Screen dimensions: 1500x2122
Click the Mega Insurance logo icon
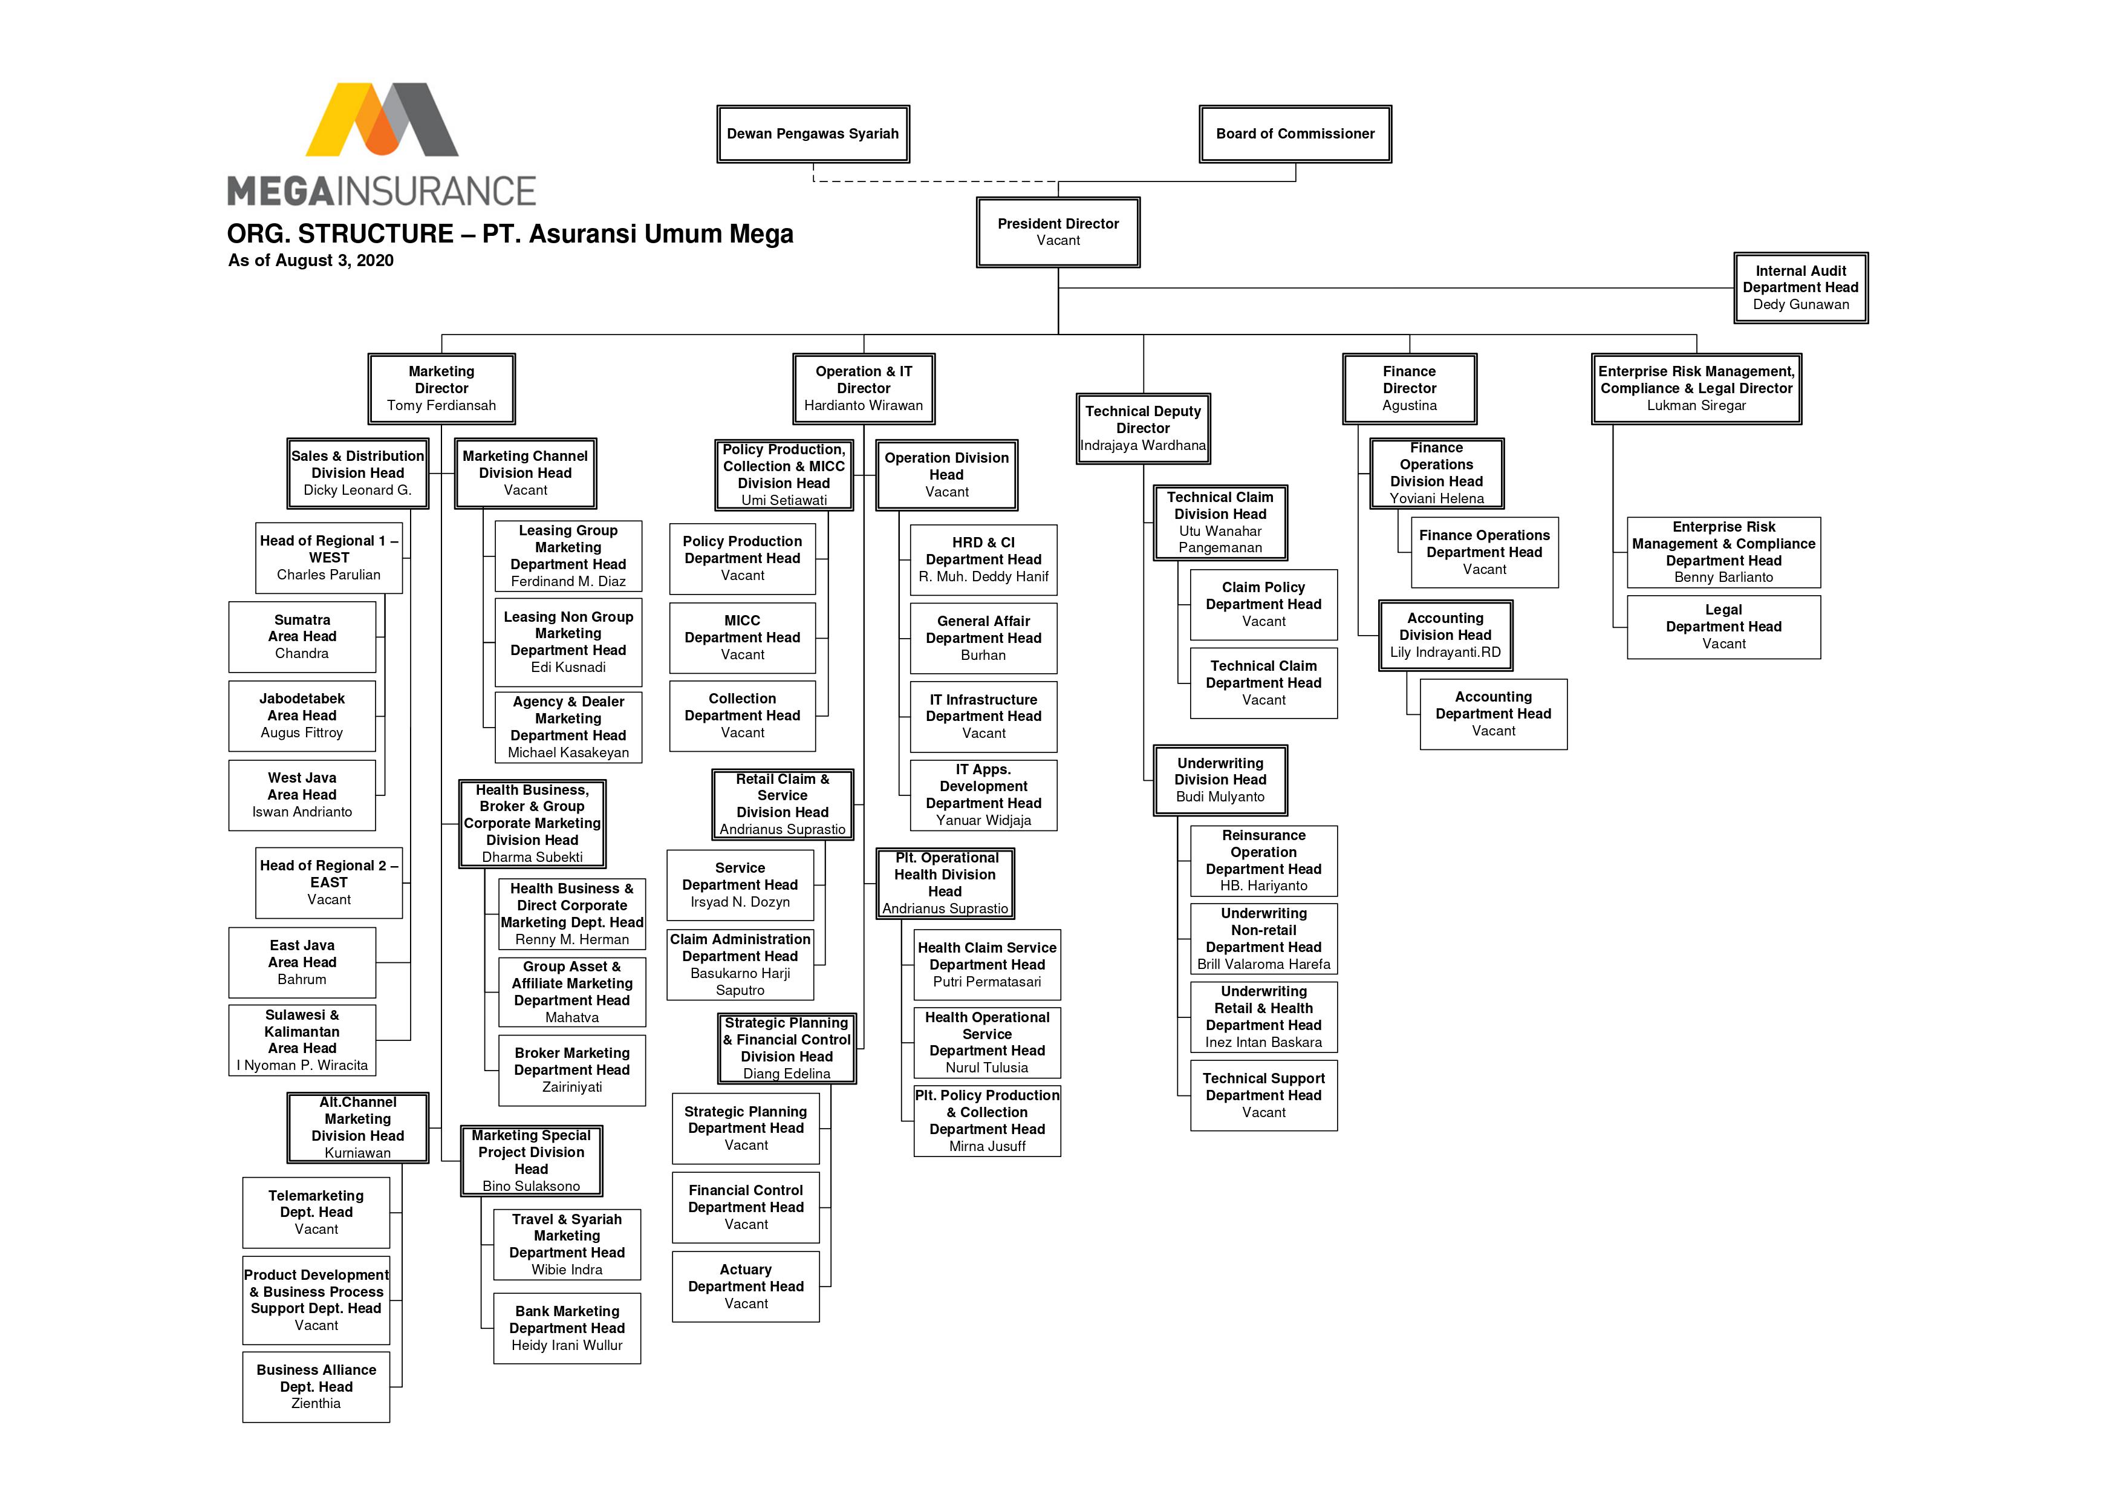pyautogui.click(x=382, y=120)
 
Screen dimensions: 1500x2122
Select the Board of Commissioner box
pyautogui.click(x=1294, y=134)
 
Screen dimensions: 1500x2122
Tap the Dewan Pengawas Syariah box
pyautogui.click(x=812, y=134)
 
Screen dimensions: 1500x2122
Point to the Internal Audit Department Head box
pyautogui.click(x=1800, y=287)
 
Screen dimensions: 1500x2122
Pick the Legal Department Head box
pyautogui.click(x=1723, y=627)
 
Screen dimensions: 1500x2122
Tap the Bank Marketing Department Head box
pyautogui.click(x=567, y=1328)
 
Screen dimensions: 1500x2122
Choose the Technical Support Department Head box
pyautogui.click(x=1263, y=1095)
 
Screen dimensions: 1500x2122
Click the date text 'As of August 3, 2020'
pyautogui.click(x=311, y=261)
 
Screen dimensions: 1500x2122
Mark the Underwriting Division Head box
pyautogui.click(x=1219, y=780)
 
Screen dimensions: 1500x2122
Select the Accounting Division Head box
pyautogui.click(x=1445, y=635)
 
